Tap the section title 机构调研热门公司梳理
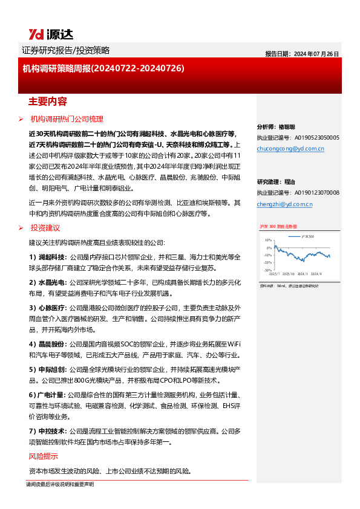pyautogui.click(x=67, y=119)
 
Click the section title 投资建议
pyautogui.click(x=45, y=227)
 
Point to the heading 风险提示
pyautogui.click(x=44, y=456)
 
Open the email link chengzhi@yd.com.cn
pyautogui.click(x=284, y=204)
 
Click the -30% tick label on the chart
pyautogui.click(x=267, y=270)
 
